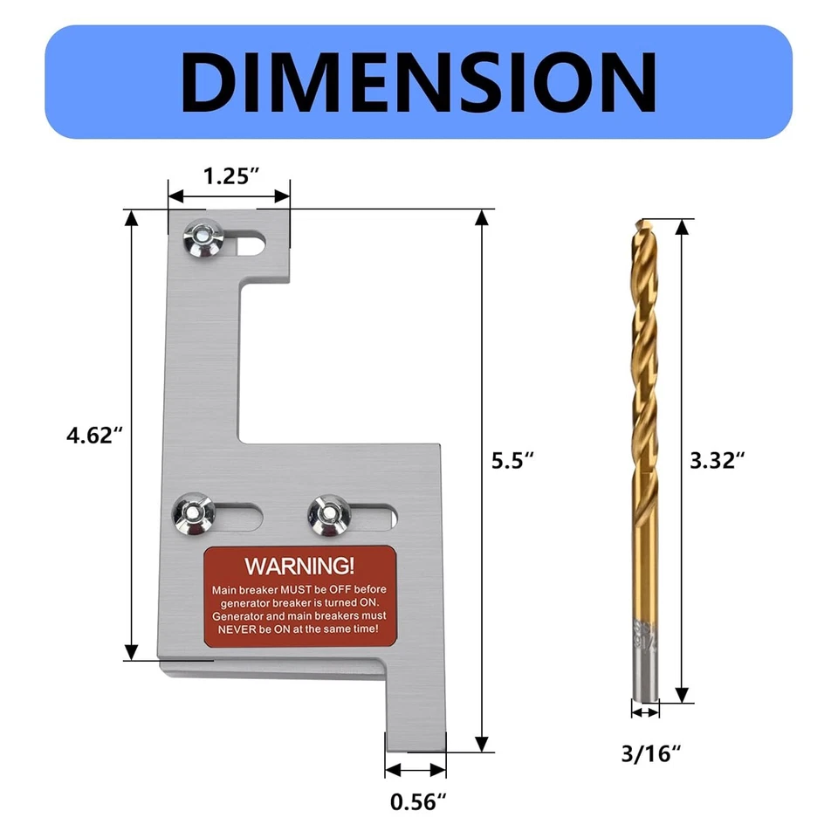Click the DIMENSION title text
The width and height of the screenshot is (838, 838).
click(x=419, y=81)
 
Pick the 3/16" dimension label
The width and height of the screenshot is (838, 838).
click(x=647, y=752)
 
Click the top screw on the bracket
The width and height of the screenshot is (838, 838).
click(x=202, y=238)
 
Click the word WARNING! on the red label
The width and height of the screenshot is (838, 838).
click(x=299, y=565)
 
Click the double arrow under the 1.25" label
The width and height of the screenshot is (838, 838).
click(x=230, y=196)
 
